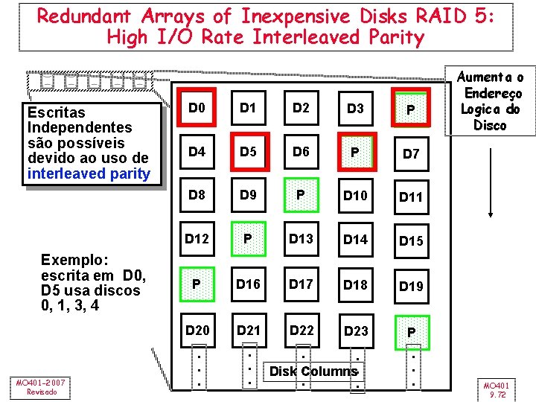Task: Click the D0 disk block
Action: [x=197, y=109]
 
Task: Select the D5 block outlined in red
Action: [x=249, y=153]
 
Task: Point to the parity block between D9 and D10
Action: [x=301, y=196]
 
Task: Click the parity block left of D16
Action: [x=197, y=284]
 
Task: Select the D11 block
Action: [x=410, y=197]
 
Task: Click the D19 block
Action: [x=410, y=285]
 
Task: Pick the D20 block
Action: [x=197, y=330]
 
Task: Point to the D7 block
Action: [x=410, y=154]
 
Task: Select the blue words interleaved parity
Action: [x=88, y=174]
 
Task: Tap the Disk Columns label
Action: [x=313, y=371]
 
